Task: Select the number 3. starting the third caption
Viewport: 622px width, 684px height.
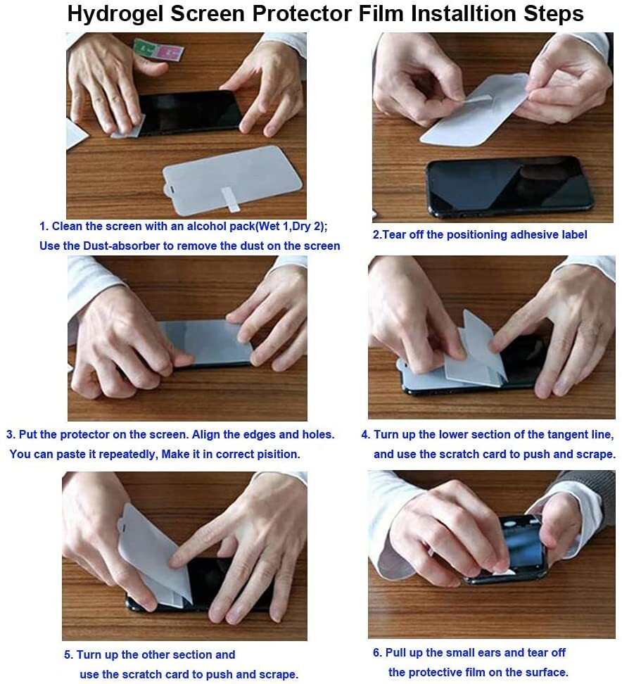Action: click(11, 434)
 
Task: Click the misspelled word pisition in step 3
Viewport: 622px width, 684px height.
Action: click(277, 454)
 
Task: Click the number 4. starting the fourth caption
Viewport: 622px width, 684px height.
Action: click(365, 434)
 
